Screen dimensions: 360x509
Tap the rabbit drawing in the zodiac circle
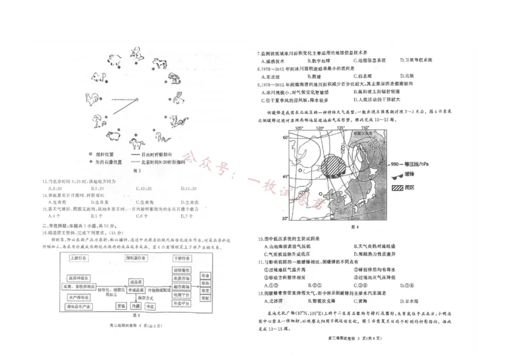tap(178, 97)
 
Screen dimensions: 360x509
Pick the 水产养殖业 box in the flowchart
tap(78, 297)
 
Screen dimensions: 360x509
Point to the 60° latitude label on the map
tap(286, 135)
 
